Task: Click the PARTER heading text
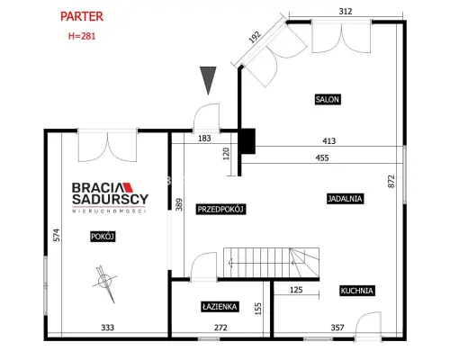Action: tap(82, 16)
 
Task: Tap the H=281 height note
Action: tap(82, 36)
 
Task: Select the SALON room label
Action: tap(328, 99)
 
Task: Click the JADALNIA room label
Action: tap(345, 199)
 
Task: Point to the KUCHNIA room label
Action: tap(357, 291)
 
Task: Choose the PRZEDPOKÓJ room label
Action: tap(220, 209)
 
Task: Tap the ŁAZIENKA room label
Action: tap(220, 307)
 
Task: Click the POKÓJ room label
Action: tap(103, 237)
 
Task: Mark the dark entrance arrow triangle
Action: tap(208, 80)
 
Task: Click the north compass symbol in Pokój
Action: tap(105, 283)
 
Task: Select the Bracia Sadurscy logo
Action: tap(110, 197)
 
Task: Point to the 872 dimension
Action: tap(391, 181)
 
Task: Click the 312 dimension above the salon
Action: tap(346, 12)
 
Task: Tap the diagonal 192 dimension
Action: tap(255, 37)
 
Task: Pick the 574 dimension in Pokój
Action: tap(57, 235)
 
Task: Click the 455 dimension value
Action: tap(322, 157)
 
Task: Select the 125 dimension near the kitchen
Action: tap(296, 290)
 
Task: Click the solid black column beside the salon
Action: tap(247, 141)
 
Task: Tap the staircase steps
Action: tap(271, 263)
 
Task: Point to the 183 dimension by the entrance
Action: tap(204, 139)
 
